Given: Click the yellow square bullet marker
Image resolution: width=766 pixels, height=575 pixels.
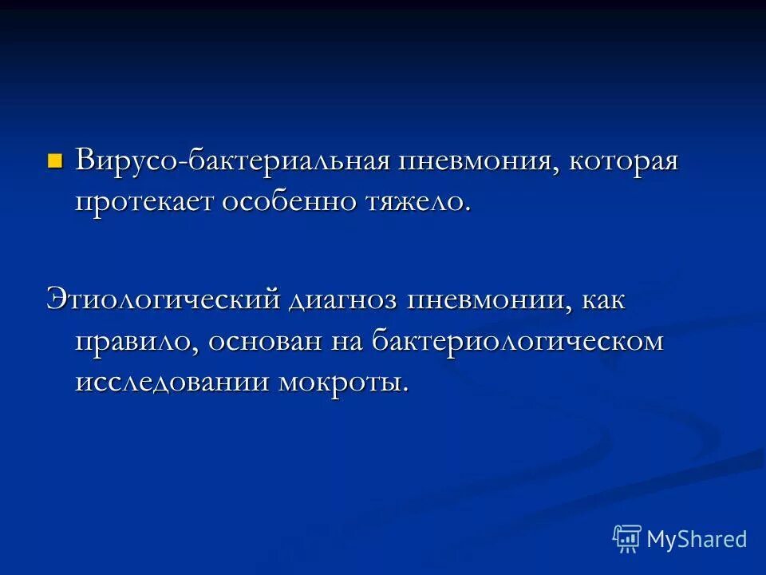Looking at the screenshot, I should click(x=55, y=161).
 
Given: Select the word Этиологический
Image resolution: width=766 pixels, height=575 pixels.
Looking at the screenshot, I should click(x=164, y=300).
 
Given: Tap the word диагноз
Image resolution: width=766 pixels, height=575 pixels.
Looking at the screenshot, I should click(x=345, y=300).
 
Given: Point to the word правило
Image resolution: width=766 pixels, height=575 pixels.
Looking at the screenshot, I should click(x=136, y=342).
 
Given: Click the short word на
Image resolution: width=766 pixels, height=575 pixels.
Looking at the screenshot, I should click(x=349, y=342).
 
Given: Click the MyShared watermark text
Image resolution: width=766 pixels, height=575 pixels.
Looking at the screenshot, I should click(x=697, y=539).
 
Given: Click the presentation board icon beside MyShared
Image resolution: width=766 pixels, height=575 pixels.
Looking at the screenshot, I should click(x=627, y=539).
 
